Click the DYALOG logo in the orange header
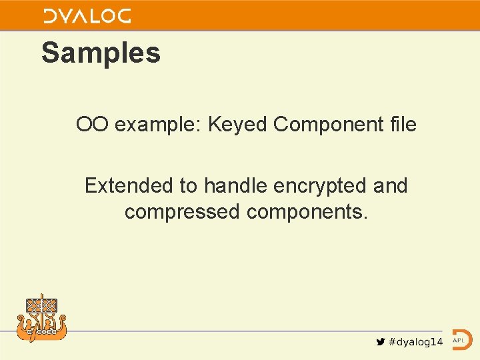[x=87, y=16]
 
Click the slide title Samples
[x=101, y=53]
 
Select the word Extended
[x=131, y=185]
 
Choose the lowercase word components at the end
[x=307, y=212]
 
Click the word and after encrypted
[x=391, y=185]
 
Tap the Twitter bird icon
[x=380, y=342]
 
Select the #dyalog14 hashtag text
[x=415, y=342]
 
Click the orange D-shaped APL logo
[x=461, y=340]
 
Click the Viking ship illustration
[x=41, y=319]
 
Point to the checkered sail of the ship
[x=41, y=305]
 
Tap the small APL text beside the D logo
[x=458, y=340]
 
